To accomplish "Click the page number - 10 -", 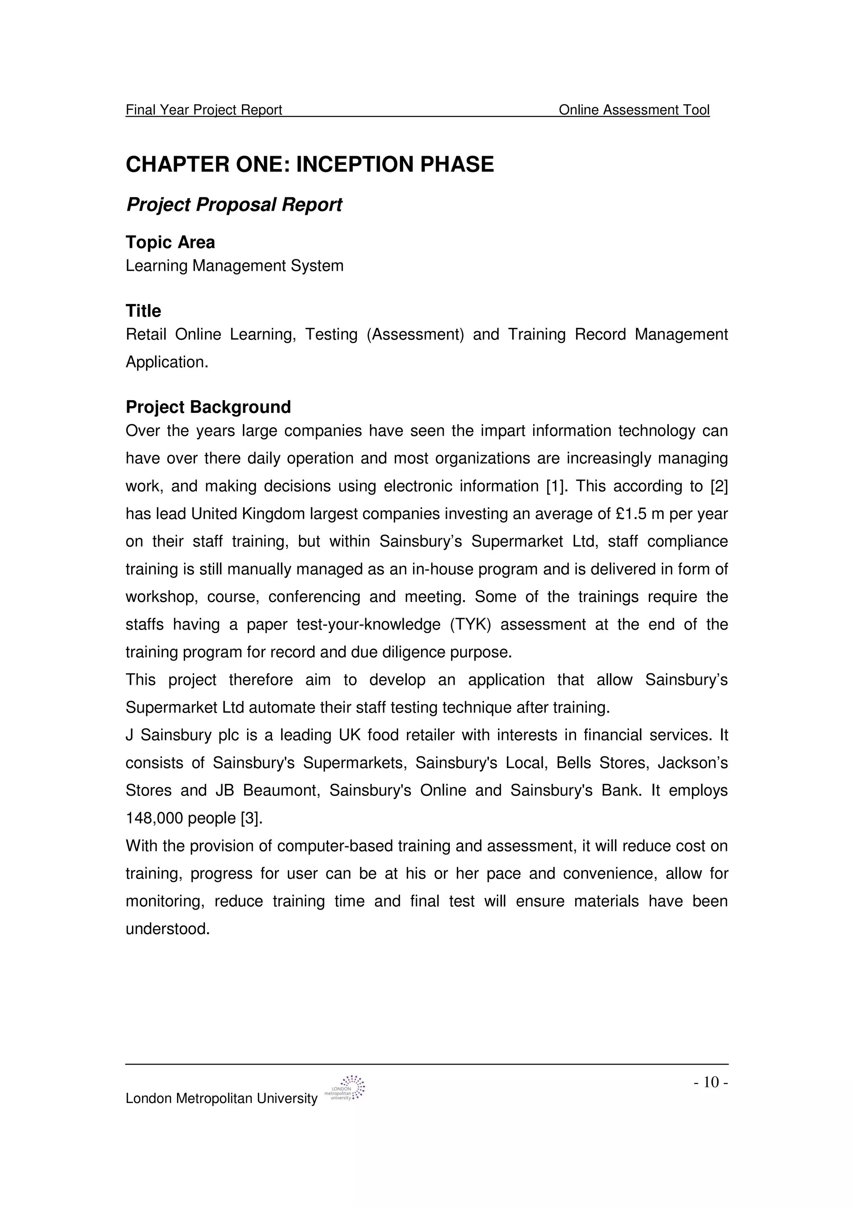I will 711,1082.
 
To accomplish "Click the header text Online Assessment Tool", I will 634,110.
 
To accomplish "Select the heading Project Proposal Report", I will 234,204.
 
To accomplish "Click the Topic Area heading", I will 170,242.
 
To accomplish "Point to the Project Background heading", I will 208,407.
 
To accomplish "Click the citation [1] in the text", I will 556,486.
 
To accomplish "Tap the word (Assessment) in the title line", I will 415,334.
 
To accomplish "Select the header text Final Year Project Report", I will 204,110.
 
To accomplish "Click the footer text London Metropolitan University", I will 221,1098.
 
